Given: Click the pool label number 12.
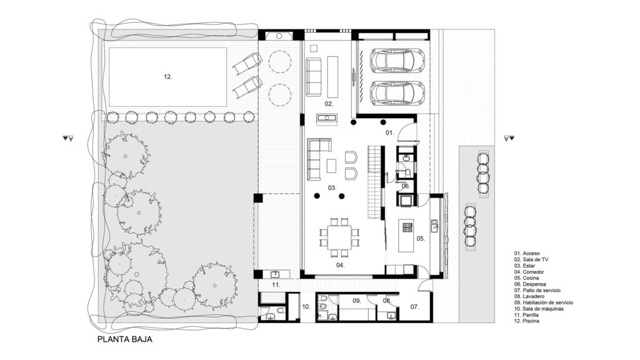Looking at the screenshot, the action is click(167, 77).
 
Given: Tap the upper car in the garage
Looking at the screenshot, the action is click(397, 61).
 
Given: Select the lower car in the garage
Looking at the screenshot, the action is click(397, 94).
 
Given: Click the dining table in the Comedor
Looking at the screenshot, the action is click(339, 237).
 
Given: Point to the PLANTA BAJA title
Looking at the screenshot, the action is click(125, 339).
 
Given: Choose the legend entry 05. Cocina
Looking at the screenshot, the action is click(526, 278).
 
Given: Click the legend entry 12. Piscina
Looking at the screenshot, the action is click(526, 321).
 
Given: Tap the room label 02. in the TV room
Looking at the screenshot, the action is click(329, 104).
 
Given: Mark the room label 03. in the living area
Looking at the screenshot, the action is click(332, 187).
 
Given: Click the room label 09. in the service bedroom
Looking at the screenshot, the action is click(357, 301).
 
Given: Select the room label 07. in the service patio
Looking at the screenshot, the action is click(415, 306).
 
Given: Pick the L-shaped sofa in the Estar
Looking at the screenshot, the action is click(319, 159).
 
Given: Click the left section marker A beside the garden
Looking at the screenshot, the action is click(67, 138).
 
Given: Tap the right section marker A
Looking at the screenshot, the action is click(509, 138).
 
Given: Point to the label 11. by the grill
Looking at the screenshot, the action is click(276, 285).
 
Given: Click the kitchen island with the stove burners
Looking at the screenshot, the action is click(406, 236).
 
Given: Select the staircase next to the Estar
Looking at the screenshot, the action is click(376, 182).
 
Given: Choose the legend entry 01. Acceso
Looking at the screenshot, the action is click(527, 254).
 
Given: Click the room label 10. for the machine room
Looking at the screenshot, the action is click(306, 306).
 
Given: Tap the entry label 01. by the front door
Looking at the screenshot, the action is click(390, 132).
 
